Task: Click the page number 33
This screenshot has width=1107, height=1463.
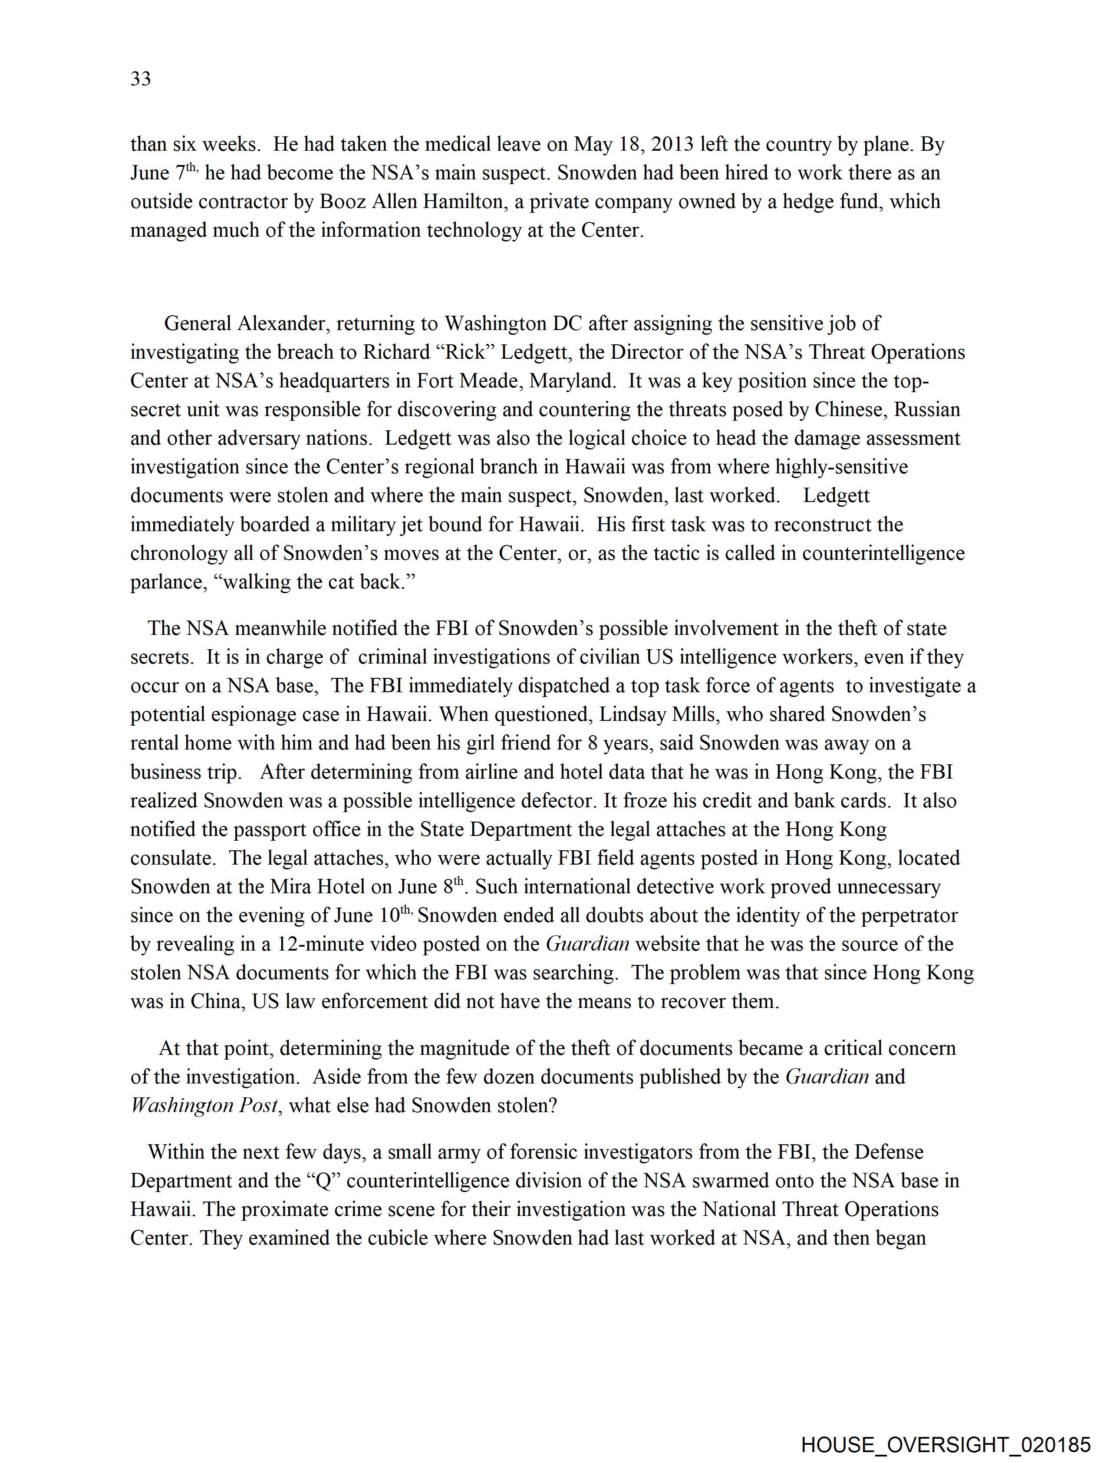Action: point(141,79)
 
